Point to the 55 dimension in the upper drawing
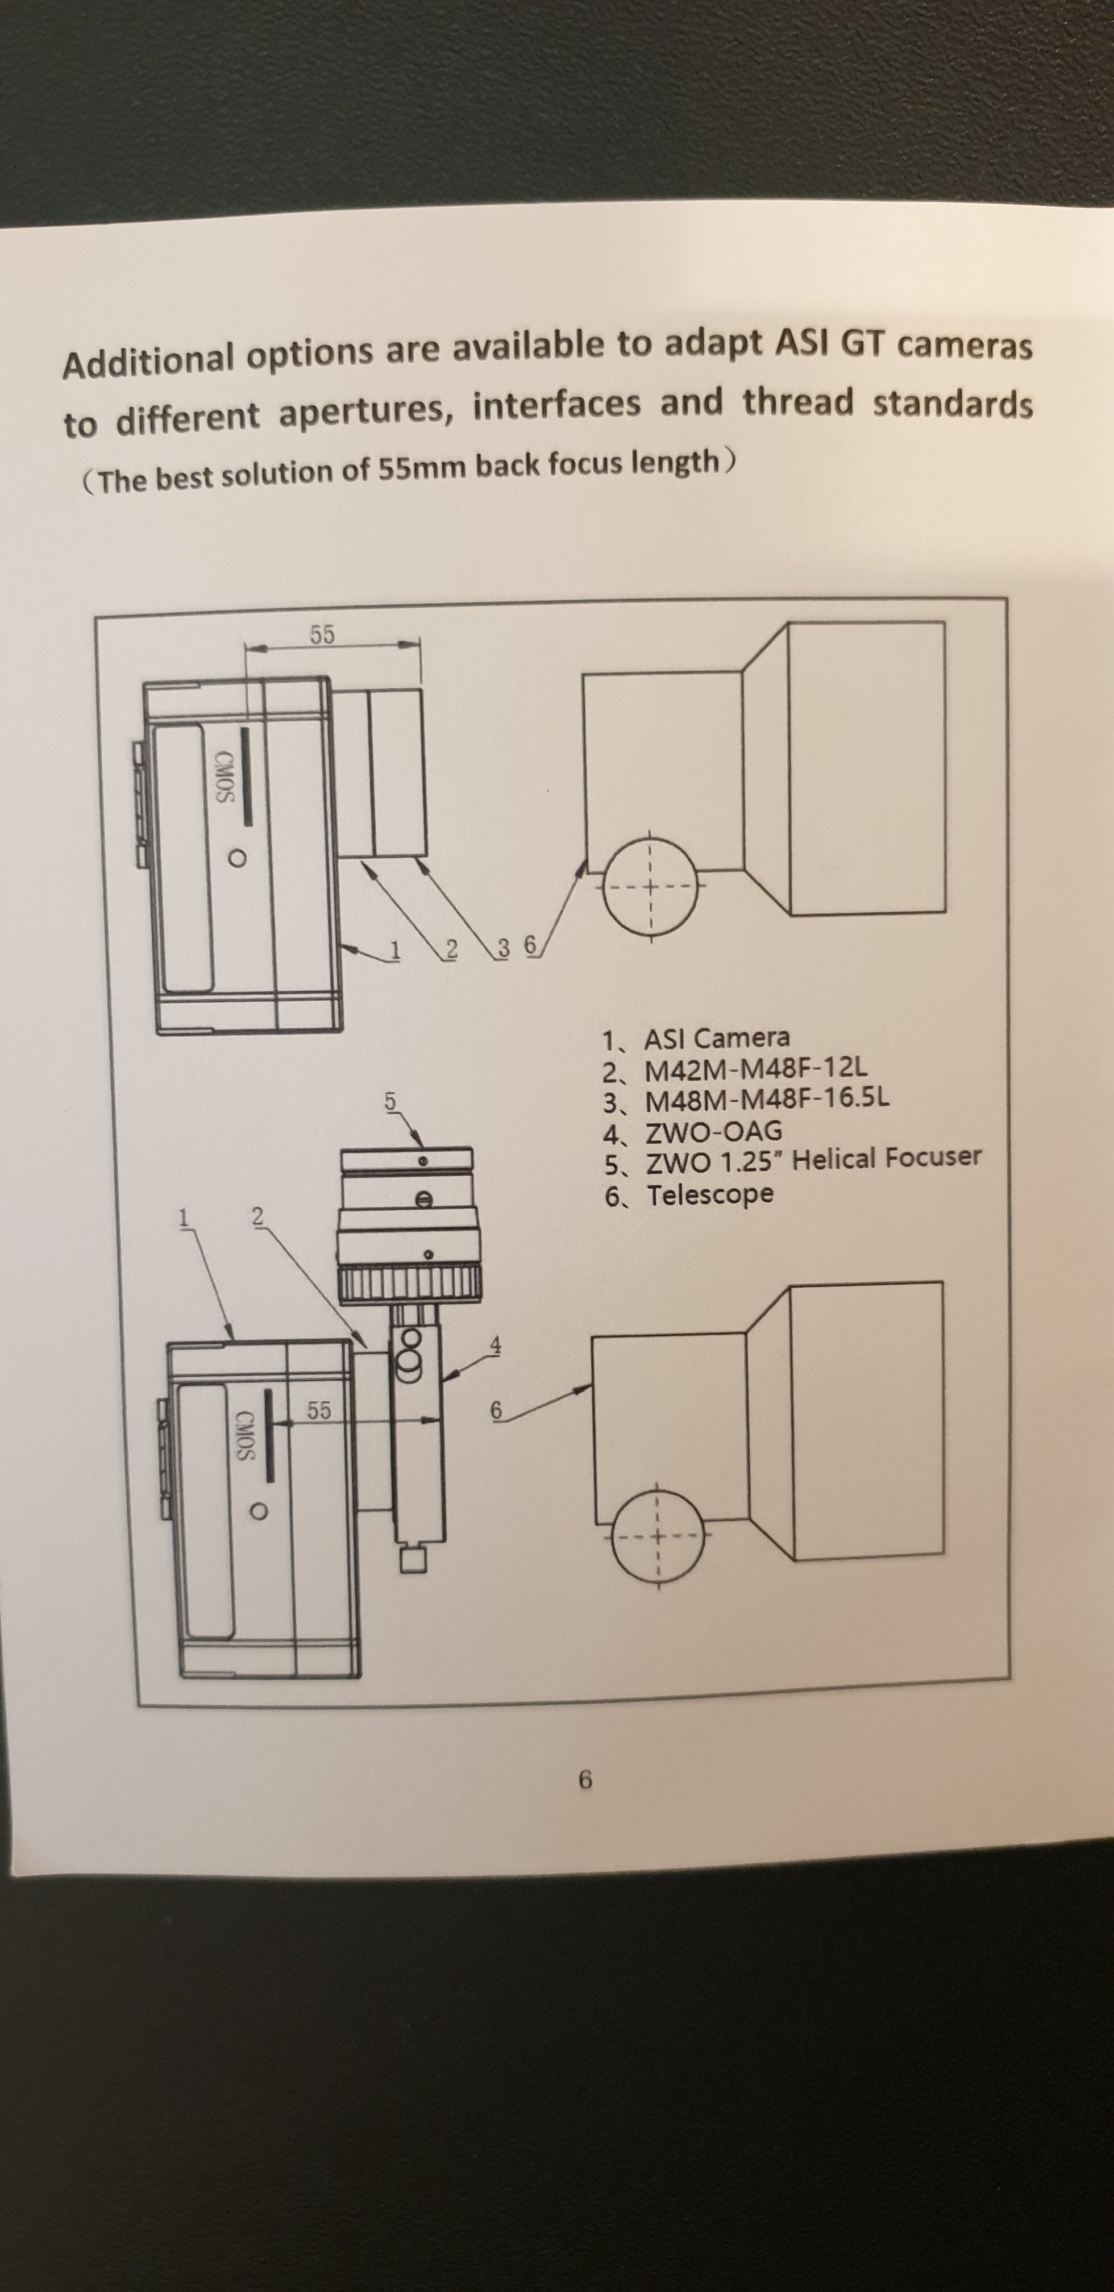322,634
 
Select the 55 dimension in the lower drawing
318,1410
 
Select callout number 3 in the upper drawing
504,949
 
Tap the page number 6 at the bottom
585,1779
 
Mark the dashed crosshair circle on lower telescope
656,1536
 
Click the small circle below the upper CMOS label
236,858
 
